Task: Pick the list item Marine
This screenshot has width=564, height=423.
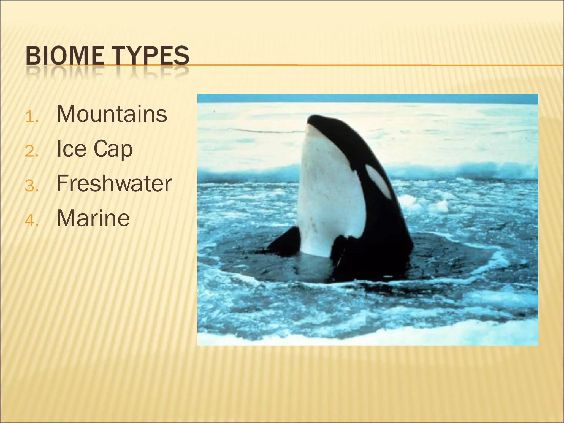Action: click(93, 218)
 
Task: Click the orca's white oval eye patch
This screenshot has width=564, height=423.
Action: click(378, 181)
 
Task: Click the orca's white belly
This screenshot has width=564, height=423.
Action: click(328, 193)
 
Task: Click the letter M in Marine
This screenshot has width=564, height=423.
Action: click(66, 218)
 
